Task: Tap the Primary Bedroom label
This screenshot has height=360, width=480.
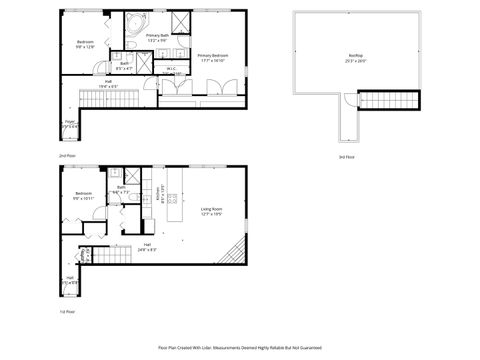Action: pos(213,57)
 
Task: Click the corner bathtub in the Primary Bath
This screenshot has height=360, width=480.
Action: pos(133,25)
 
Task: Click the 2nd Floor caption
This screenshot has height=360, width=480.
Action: pos(66,156)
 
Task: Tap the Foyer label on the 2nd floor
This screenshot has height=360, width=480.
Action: pos(71,126)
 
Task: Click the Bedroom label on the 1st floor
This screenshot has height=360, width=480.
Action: pos(82,196)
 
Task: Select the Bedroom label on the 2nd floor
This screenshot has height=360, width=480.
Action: pos(85,43)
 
